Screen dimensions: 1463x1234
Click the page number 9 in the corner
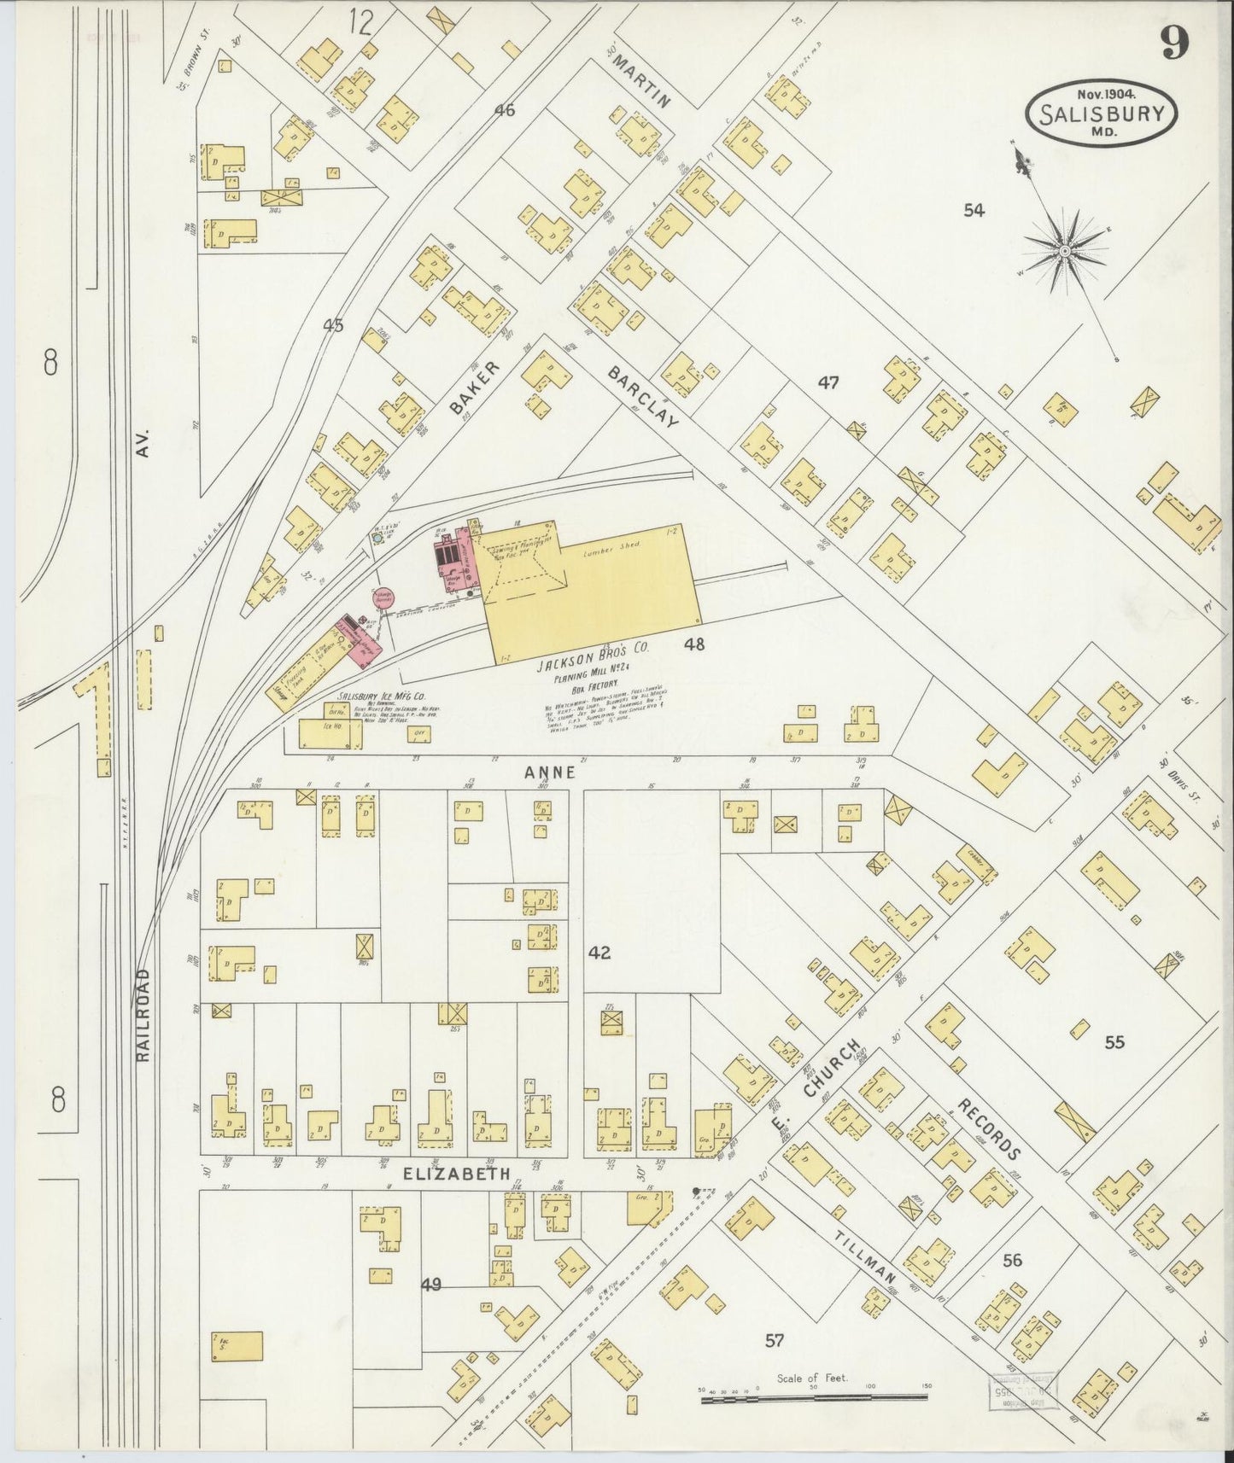[x=1174, y=42]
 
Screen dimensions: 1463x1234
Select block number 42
[x=599, y=952]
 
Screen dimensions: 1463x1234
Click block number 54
[x=974, y=210]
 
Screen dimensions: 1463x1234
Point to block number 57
[x=774, y=1341]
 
